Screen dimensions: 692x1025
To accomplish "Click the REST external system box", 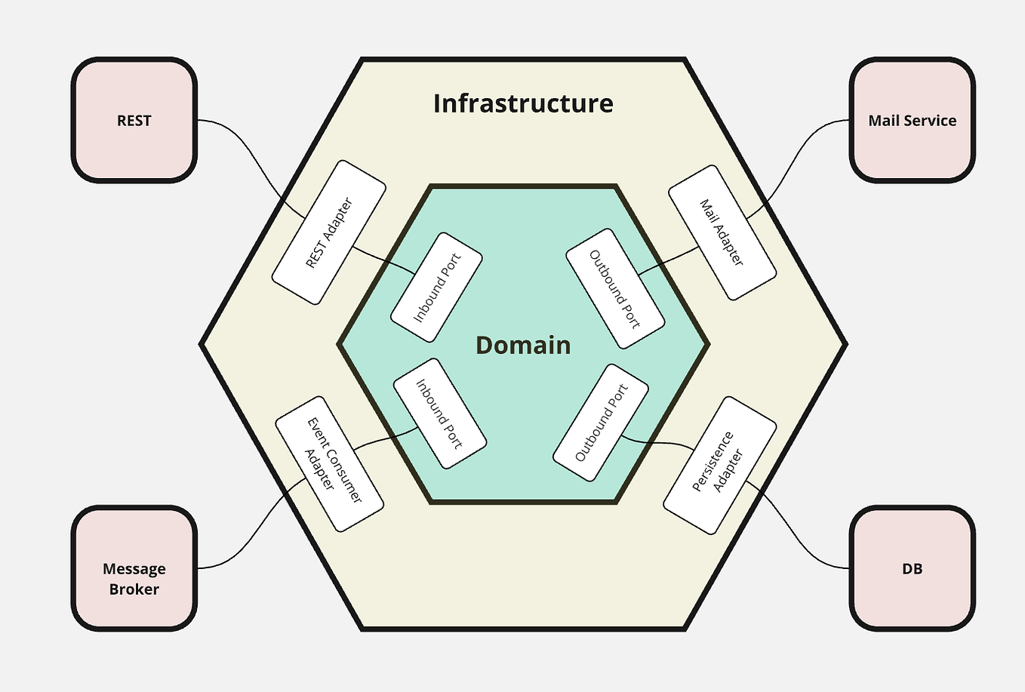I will pyautogui.click(x=134, y=120).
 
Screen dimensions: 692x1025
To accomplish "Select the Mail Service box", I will pyautogui.click(x=912, y=120).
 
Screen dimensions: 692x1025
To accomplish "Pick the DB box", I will pyautogui.click(x=912, y=568).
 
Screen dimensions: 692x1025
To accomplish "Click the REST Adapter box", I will pyautogui.click(x=328, y=232).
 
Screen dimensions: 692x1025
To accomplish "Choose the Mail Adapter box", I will pyautogui.click(x=722, y=232).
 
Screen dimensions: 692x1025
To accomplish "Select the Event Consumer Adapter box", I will pyautogui.click(x=329, y=463).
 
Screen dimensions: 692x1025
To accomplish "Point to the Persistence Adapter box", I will pyautogui.click(x=720, y=465).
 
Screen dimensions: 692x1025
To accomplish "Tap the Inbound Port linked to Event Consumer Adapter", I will pyautogui.click(x=439, y=414).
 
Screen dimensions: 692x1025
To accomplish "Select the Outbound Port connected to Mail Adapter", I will pyautogui.click(x=615, y=288).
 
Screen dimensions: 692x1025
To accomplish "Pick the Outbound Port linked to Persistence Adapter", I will pyautogui.click(x=602, y=423).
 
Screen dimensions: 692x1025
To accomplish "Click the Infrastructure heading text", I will pyautogui.click(x=523, y=103).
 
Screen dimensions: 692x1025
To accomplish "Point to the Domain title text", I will pyautogui.click(x=523, y=345).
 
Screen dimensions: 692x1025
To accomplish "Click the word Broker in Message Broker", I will pyautogui.click(x=134, y=589).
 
